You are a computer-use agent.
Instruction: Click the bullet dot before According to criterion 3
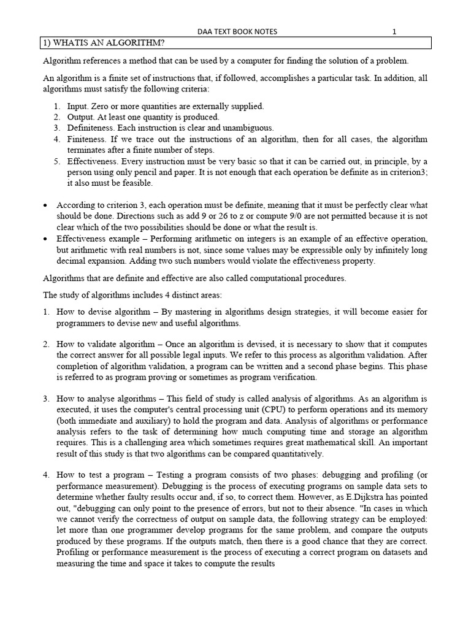pyautogui.click(x=45, y=205)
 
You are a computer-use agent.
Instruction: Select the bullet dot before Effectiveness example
pyautogui.click(x=45, y=239)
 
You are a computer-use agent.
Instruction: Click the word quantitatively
pyautogui.click(x=288, y=454)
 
